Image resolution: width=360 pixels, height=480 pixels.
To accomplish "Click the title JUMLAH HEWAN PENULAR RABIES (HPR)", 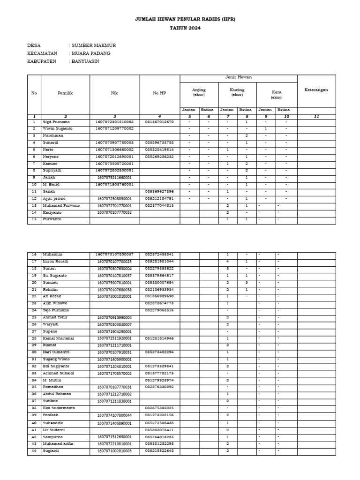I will (x=185, y=19).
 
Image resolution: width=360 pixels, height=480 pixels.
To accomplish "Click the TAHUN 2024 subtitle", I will (x=185, y=28).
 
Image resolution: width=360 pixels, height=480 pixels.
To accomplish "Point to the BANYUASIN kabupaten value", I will (x=87, y=61).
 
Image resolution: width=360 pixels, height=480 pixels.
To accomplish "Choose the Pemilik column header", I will (x=65, y=93).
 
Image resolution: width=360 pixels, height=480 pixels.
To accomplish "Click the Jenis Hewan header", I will (x=238, y=78).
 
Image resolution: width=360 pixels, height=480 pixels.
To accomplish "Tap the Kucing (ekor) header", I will (x=237, y=92).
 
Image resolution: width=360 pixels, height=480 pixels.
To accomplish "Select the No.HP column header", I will (x=159, y=93).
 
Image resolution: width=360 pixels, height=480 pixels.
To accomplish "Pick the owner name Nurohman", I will (x=53, y=135).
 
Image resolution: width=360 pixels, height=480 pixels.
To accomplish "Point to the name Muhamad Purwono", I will (x=61, y=205).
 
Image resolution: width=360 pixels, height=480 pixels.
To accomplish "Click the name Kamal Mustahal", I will (x=59, y=338).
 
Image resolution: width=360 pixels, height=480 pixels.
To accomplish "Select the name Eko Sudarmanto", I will (x=60, y=408).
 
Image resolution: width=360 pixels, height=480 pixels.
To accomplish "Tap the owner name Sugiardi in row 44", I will (x=52, y=451).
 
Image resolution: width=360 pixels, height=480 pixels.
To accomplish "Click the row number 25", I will (x=34, y=317).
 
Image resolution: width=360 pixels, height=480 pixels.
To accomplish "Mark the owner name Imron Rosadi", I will (x=56, y=261).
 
